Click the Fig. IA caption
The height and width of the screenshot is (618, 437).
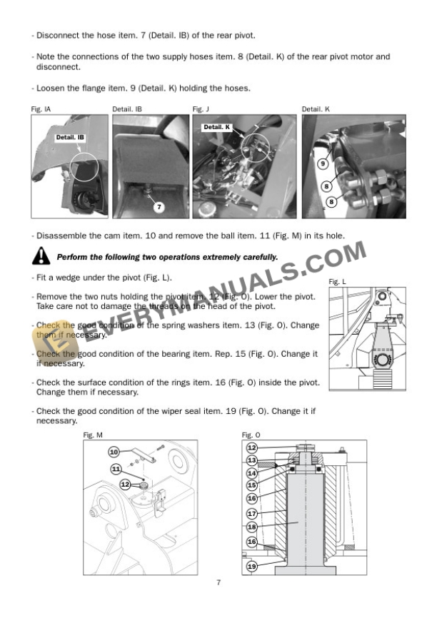point(41,109)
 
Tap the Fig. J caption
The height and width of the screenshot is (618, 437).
point(201,109)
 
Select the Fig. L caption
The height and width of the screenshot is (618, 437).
point(338,282)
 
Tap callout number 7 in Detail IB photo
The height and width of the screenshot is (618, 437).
point(159,207)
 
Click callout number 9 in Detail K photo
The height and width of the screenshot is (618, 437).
point(322,163)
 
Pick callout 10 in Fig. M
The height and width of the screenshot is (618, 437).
point(114,452)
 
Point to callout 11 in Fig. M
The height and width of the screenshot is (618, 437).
point(116,468)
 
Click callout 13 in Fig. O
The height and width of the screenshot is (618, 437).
point(251,460)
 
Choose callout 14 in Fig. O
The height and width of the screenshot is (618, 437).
point(251,472)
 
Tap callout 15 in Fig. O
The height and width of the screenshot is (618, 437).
point(251,485)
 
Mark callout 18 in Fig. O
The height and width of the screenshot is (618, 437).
point(251,527)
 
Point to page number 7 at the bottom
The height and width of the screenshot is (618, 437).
point(218,583)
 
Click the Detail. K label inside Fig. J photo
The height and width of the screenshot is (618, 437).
point(218,127)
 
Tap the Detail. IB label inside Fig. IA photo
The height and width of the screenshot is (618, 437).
point(71,136)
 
